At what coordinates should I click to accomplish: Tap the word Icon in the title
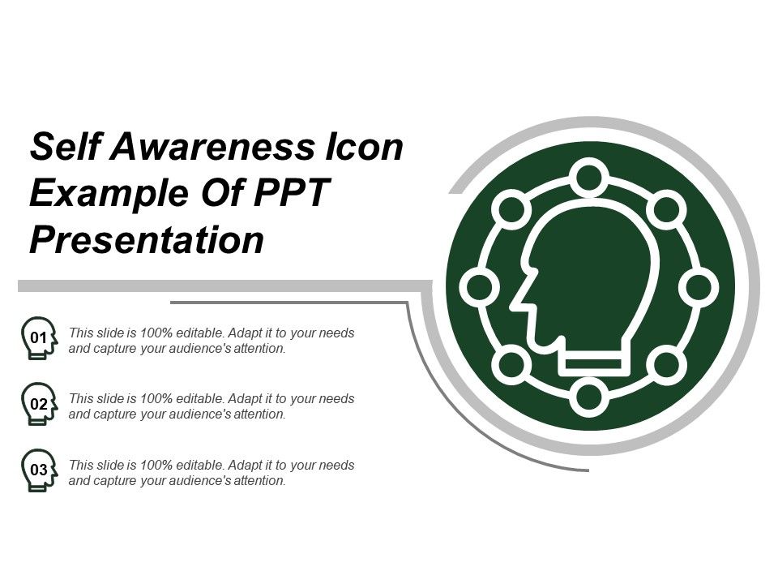click(364, 148)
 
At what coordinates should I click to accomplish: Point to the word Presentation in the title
click(147, 241)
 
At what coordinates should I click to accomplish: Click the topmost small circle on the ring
click(589, 177)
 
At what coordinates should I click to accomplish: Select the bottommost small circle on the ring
click(589, 397)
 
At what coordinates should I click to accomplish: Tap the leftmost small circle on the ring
click(479, 287)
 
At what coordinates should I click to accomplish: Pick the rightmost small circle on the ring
click(699, 287)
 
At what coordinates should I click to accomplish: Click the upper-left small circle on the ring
click(511, 209)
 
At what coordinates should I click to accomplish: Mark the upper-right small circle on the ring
click(667, 209)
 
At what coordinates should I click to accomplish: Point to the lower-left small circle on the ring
click(511, 365)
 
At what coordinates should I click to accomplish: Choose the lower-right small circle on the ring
click(667, 365)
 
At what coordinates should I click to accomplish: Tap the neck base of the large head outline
click(595, 363)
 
